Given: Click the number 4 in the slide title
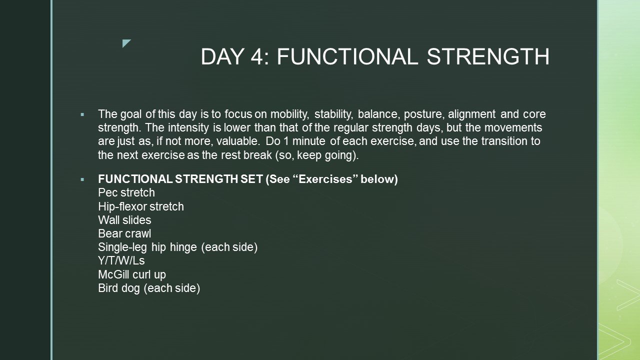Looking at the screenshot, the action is point(257,56).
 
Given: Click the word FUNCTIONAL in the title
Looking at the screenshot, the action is point(347,56).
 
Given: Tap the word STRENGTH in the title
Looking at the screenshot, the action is point(488,56).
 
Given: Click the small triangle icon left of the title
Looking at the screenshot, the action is point(126,43).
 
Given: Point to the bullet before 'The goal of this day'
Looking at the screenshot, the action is point(82,115).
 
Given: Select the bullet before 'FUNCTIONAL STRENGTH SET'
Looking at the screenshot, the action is point(82,179).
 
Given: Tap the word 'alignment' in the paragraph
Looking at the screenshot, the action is point(471,114).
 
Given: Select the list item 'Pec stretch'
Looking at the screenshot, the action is point(126,193).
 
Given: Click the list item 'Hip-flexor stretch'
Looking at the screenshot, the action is point(141,206).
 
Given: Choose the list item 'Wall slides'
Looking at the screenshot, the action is point(124,220).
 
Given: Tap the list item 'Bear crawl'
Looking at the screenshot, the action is point(124,233).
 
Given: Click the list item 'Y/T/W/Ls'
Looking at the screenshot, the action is point(121,260).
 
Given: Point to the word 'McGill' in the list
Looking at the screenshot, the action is point(114,274).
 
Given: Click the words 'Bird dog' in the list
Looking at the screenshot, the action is point(119,288).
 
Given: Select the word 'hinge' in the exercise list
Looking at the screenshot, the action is point(183,247).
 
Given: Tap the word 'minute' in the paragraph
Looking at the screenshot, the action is point(309,141).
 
